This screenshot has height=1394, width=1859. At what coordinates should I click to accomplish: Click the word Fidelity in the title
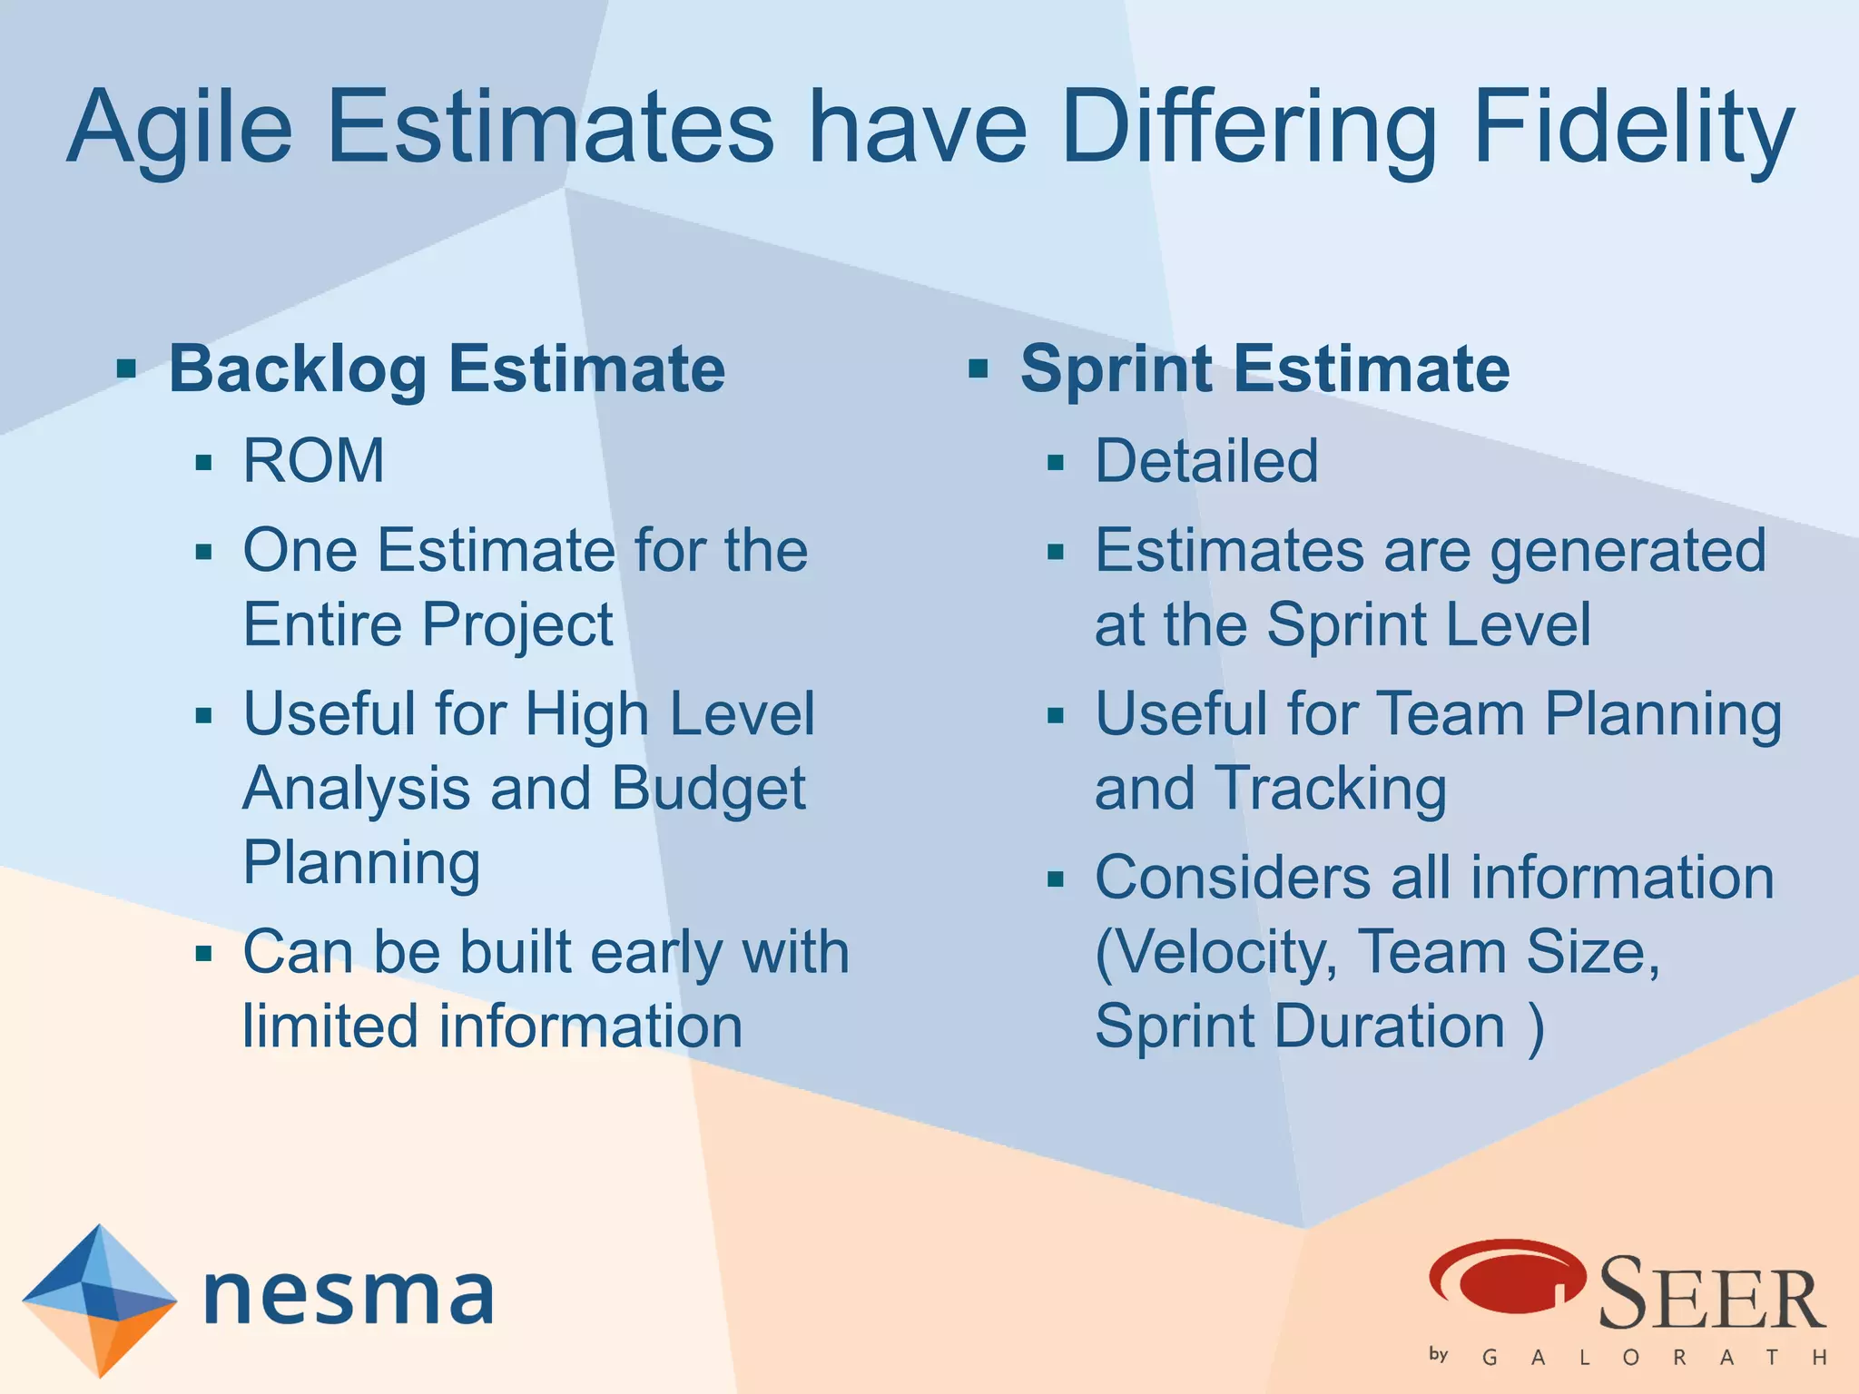click(1632, 129)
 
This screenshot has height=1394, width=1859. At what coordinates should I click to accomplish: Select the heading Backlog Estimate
click(447, 369)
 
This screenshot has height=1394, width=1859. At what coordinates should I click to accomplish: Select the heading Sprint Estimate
click(1264, 369)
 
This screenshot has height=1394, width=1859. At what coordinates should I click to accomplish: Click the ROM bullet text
click(313, 461)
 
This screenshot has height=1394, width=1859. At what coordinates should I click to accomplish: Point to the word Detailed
click(1206, 461)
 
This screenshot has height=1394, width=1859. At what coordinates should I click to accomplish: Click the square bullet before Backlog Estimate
click(126, 369)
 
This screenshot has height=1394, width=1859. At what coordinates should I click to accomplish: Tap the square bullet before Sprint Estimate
click(978, 369)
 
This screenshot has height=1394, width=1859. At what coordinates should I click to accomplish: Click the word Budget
click(708, 788)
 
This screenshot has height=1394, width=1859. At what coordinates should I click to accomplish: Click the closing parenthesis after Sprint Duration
click(1535, 1027)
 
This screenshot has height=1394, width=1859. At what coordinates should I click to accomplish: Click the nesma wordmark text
click(349, 1295)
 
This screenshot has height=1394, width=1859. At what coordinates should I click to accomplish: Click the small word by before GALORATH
click(1439, 1354)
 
